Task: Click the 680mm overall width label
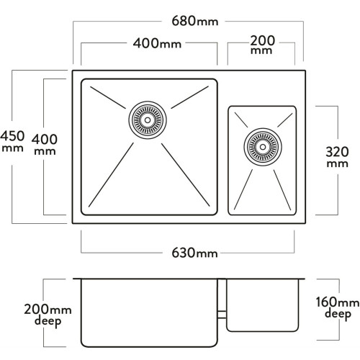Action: click(195, 21)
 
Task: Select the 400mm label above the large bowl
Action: click(157, 44)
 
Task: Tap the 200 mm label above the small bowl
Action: click(262, 45)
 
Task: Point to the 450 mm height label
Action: click(12, 141)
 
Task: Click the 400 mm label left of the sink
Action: click(45, 145)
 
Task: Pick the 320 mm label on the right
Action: click(337, 157)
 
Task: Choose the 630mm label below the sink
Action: click(194, 253)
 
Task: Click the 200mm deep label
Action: click(48, 315)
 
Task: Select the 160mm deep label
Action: click(338, 308)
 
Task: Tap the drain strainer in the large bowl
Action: click(148, 120)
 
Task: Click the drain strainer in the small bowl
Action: click(263, 147)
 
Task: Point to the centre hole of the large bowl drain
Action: click(148, 120)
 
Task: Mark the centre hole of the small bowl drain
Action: click(263, 147)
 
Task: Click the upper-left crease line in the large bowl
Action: click(108, 98)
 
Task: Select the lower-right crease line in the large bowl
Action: click(186, 175)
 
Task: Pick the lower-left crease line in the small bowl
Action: click(243, 189)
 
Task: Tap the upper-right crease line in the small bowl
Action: click(285, 120)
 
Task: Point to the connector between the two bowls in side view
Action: click(222, 315)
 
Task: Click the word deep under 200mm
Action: click(48, 321)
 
